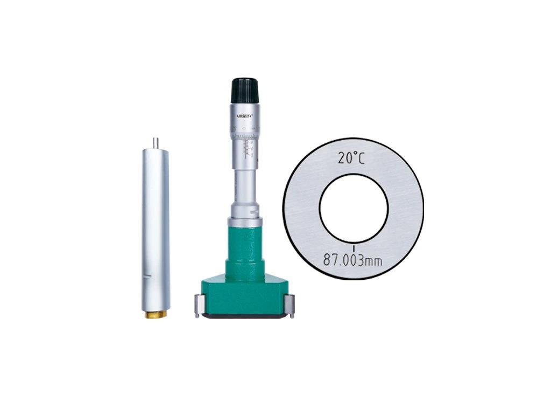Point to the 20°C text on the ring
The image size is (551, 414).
point(354,158)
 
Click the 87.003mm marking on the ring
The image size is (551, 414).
point(352,260)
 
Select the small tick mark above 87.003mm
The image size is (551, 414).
point(354,247)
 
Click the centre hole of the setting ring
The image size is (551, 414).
point(354,208)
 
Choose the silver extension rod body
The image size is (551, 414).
point(155,226)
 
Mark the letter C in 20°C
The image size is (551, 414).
point(365,158)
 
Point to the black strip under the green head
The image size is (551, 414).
point(245,318)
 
